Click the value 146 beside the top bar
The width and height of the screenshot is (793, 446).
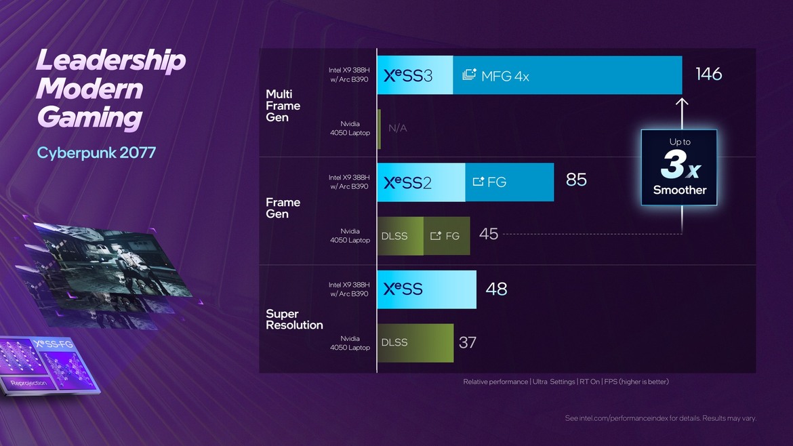click(708, 74)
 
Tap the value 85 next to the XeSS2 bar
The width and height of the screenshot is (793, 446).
click(576, 180)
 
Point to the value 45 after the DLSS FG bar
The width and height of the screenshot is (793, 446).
click(489, 234)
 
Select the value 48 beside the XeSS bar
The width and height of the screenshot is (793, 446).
click(496, 289)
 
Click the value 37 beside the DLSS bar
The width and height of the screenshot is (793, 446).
click(468, 342)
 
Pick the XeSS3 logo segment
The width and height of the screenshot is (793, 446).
click(409, 76)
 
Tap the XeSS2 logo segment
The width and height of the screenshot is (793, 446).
click(409, 182)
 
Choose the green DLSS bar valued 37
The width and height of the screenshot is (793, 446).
click(415, 342)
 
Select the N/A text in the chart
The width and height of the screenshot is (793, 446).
click(398, 128)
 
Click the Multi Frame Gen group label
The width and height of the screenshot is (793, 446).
click(283, 106)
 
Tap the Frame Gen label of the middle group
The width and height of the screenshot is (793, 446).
click(283, 208)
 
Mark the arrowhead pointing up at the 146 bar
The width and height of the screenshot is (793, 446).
click(682, 103)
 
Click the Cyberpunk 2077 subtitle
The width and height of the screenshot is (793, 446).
click(96, 153)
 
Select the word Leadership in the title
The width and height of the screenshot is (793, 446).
click(110, 61)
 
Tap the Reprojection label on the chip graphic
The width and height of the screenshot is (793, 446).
click(29, 383)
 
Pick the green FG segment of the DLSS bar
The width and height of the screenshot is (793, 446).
click(446, 236)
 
